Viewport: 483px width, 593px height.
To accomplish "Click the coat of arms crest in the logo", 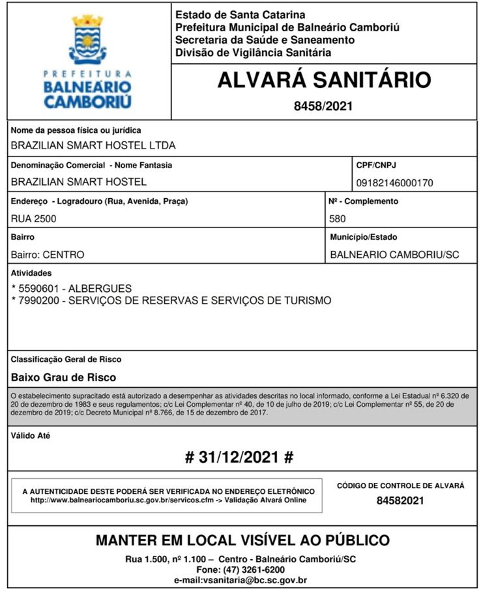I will tap(87, 40).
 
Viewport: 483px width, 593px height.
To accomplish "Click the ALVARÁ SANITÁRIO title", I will tap(324, 80).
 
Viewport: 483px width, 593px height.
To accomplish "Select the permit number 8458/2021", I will tap(323, 106).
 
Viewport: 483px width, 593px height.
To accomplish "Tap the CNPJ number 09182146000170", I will tap(394, 183).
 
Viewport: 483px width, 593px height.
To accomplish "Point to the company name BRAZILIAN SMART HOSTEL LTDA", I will tap(93, 146).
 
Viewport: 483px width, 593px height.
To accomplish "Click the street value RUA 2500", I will tap(34, 219).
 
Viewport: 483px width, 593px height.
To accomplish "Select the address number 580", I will tap(338, 219).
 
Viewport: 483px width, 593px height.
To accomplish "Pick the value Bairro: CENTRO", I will tap(48, 255).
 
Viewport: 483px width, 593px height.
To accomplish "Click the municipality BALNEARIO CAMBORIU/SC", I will tap(394, 255).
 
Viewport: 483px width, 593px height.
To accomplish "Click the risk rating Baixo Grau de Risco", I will tap(64, 377).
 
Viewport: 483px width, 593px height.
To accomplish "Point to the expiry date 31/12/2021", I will tap(239, 457).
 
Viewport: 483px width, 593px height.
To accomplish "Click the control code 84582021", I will tap(400, 500).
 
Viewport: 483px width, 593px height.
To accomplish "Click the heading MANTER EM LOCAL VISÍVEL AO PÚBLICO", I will tap(242, 540).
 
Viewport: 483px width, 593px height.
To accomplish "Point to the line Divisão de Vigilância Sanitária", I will tap(253, 53).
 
